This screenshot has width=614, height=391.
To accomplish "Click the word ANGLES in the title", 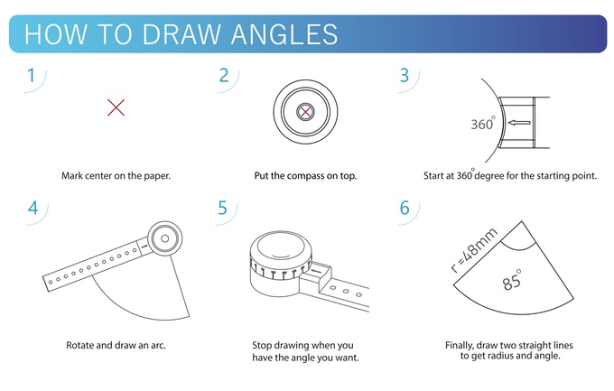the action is [x=284, y=34].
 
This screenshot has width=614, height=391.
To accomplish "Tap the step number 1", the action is [x=32, y=75].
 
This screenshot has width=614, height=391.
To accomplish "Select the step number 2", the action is [x=224, y=75].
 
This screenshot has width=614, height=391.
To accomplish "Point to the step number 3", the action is [x=405, y=75].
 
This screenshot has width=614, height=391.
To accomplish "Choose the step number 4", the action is [x=33, y=208].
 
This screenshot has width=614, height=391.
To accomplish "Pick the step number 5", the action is [x=222, y=208].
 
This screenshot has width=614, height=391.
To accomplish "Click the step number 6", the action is [x=405, y=208].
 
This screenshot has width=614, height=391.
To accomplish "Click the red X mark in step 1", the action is [x=116, y=107].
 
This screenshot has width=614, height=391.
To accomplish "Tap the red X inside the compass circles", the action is [x=305, y=112].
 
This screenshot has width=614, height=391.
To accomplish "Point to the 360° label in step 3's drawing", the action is [x=483, y=123].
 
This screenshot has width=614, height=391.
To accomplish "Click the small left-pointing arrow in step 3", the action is [x=519, y=123].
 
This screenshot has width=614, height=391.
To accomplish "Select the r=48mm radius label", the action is [x=474, y=250].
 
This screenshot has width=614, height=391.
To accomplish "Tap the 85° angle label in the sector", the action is [x=512, y=280].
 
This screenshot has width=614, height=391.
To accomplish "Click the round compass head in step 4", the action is [x=165, y=238].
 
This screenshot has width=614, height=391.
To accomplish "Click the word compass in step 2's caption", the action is [x=304, y=176].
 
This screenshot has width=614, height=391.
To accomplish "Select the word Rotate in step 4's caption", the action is [x=79, y=345].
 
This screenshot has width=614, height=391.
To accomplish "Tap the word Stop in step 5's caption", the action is [x=261, y=345].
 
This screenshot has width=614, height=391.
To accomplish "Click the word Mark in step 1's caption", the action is [x=71, y=175].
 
